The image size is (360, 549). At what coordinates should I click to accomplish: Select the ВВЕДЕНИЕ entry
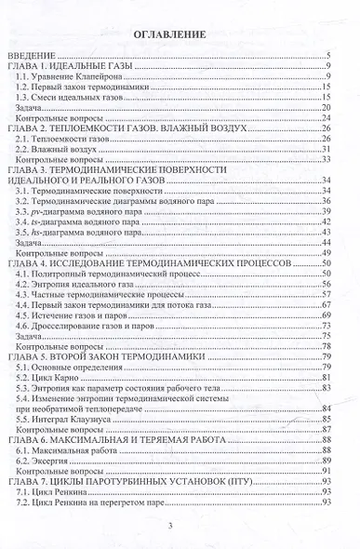33,58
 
